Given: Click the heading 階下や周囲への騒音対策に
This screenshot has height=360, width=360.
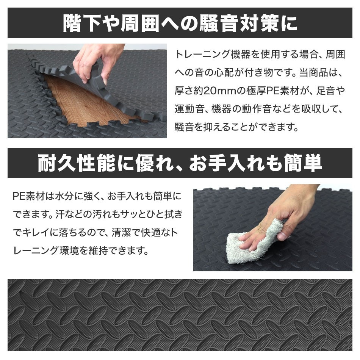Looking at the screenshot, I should [180, 23].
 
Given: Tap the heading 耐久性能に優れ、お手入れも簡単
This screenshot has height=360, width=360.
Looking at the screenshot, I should [180, 163].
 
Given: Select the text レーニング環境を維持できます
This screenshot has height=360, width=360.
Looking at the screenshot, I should [80, 250].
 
